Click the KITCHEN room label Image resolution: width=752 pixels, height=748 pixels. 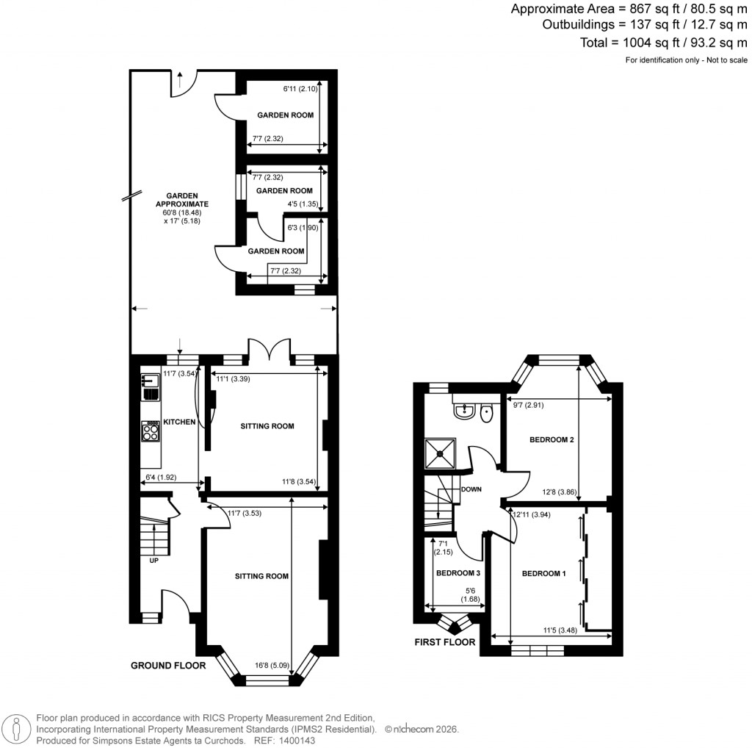(x=178, y=422)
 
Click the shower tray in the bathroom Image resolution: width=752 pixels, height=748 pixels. (x=441, y=453)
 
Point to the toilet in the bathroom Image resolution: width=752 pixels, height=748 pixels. (x=486, y=414)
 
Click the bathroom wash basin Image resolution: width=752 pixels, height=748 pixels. (x=463, y=412)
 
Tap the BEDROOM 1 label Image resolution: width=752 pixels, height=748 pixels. (x=543, y=573)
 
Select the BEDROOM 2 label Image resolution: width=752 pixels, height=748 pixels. (x=552, y=440)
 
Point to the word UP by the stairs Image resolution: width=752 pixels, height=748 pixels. (x=154, y=561)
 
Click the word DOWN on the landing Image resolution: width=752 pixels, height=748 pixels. (x=470, y=488)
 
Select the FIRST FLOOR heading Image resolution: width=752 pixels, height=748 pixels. (x=444, y=642)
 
